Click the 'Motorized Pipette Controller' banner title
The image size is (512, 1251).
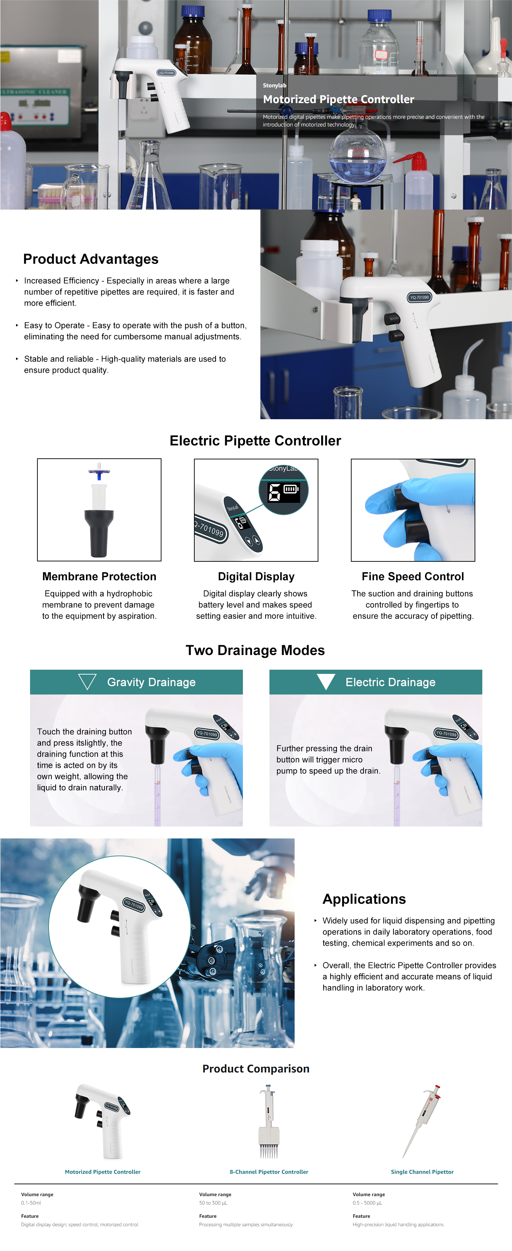click(x=339, y=99)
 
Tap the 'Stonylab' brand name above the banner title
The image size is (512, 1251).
click(x=274, y=86)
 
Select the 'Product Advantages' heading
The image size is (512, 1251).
click(x=91, y=259)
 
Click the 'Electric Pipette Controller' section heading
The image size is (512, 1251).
click(x=255, y=441)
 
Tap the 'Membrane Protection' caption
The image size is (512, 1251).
click(x=100, y=576)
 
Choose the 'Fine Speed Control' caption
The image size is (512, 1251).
click(x=413, y=576)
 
